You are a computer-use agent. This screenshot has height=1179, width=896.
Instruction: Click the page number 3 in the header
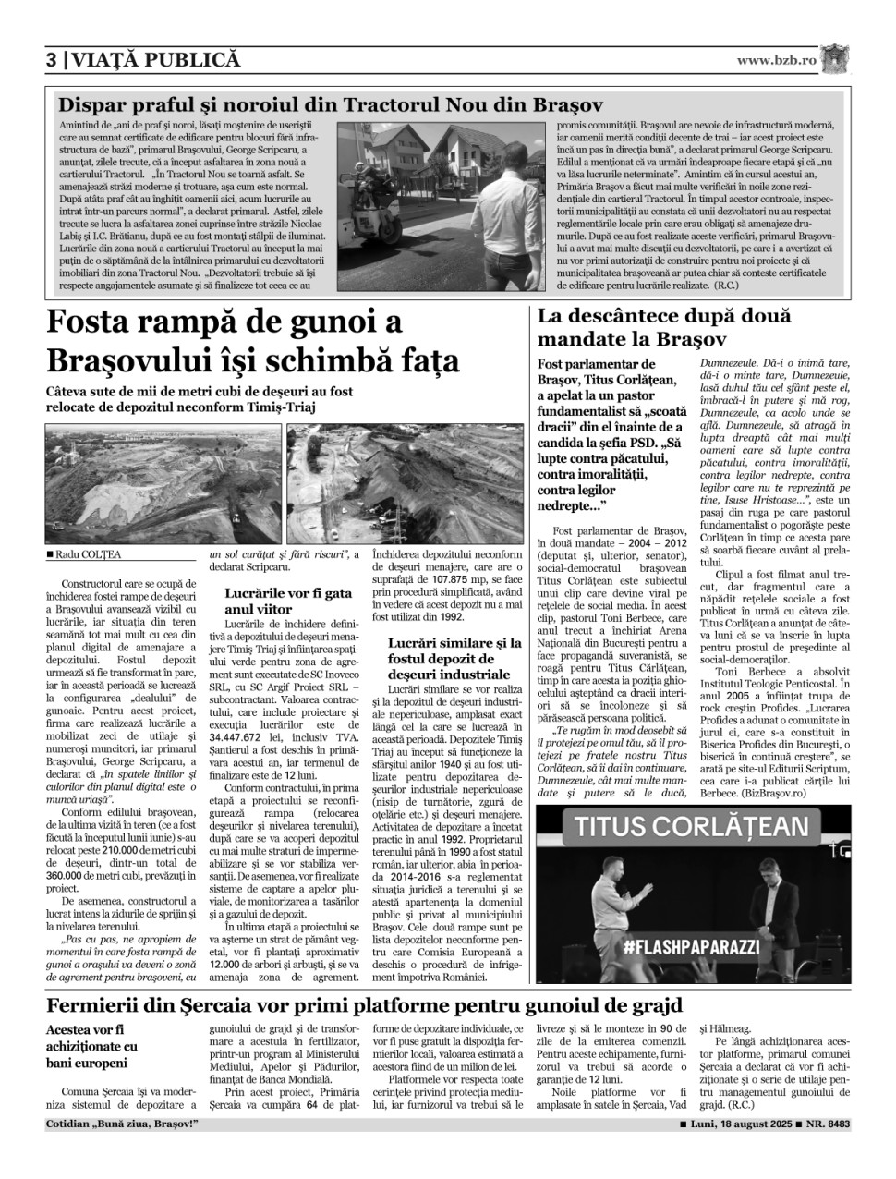pos(51,60)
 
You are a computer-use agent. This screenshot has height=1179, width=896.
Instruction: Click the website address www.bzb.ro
pos(776,60)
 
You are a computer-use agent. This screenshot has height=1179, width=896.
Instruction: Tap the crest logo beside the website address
pos(836,58)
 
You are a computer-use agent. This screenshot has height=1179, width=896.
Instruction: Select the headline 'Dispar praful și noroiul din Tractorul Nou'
pos(330,103)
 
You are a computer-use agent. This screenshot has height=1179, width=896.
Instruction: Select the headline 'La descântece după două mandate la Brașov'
pos(664,327)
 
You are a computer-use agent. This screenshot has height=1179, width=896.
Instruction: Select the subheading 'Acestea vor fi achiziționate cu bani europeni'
pos(92,1047)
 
